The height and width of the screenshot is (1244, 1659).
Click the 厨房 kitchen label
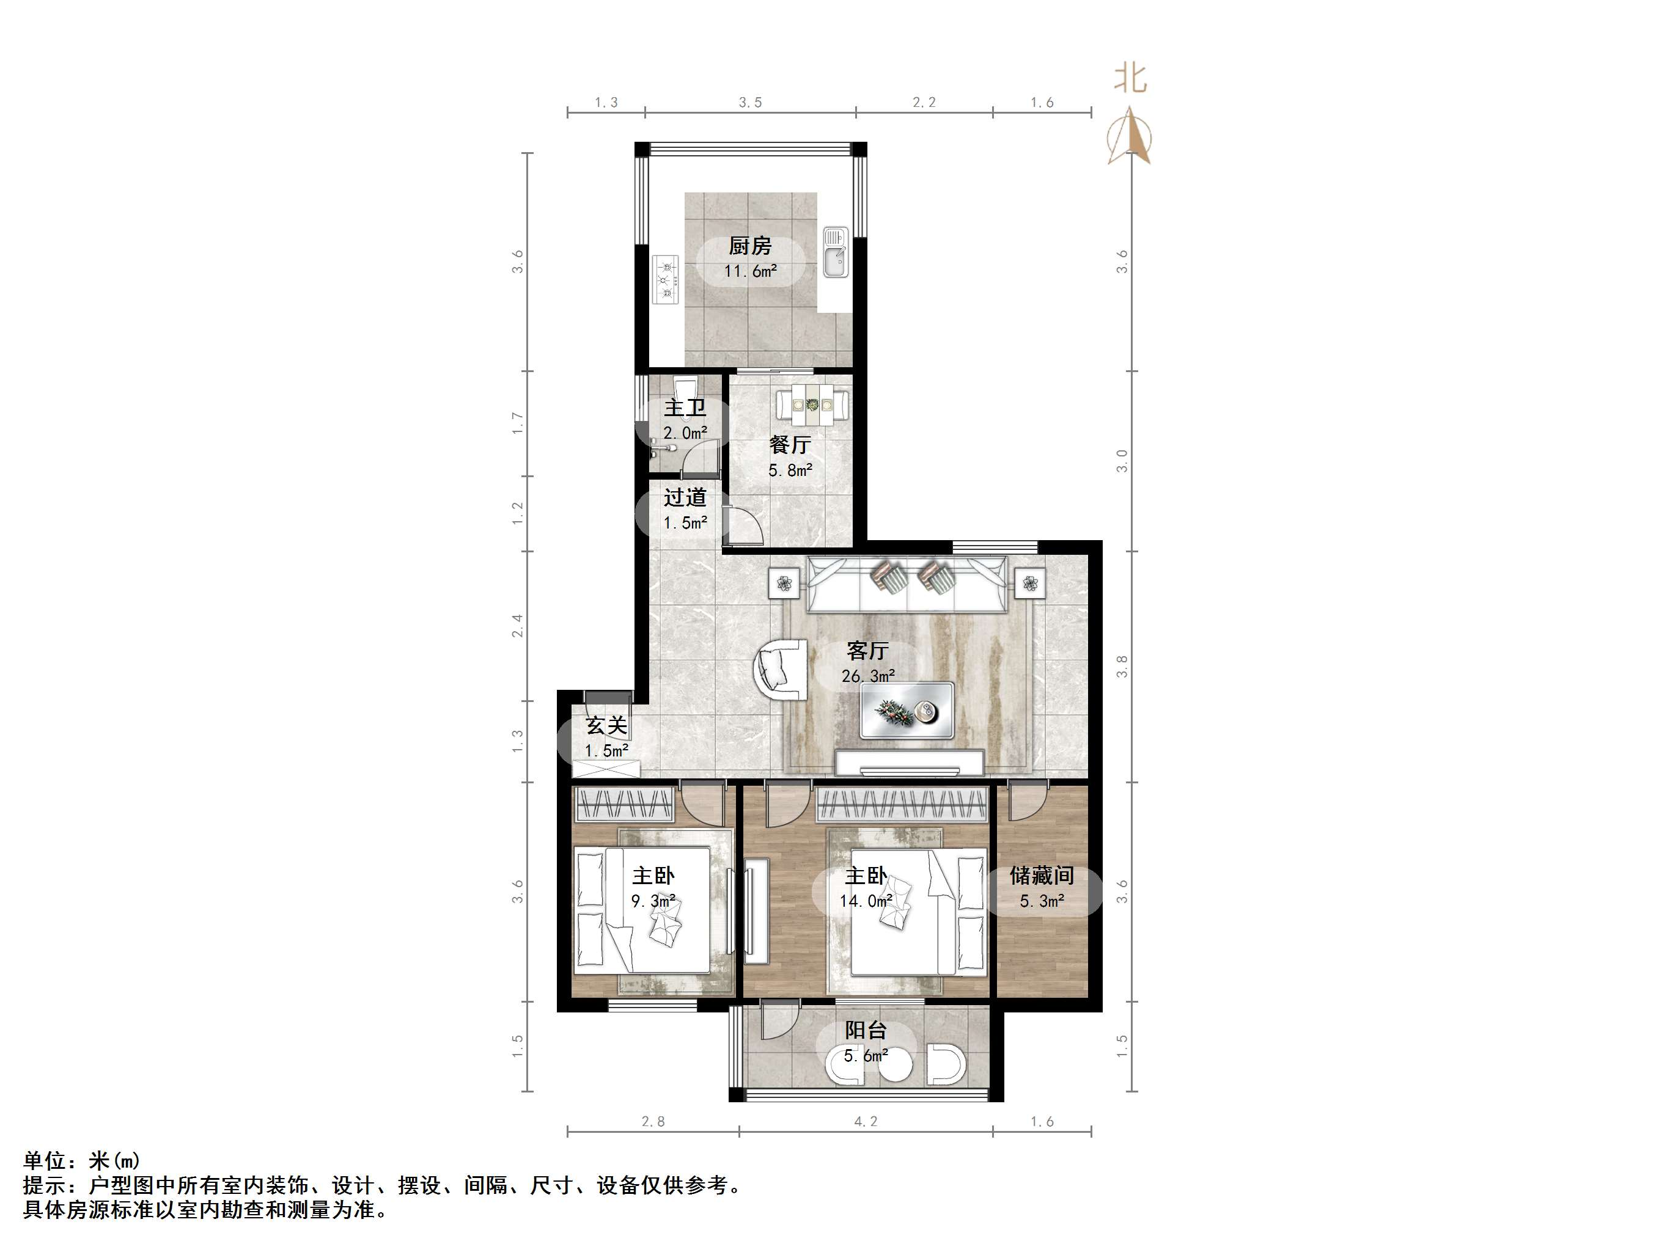pyautogui.click(x=750, y=246)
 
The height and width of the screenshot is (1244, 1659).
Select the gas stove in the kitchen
pyautogui.click(x=665, y=280)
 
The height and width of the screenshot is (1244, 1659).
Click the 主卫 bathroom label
pyautogui.click(x=685, y=408)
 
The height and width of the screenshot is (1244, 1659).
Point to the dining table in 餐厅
pyautogui.click(x=813, y=406)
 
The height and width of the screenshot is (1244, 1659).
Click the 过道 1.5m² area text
pyautogui.click(x=685, y=522)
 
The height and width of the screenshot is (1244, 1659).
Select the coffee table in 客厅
pyautogui.click(x=907, y=710)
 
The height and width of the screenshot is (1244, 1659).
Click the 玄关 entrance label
pyautogui.click(x=606, y=726)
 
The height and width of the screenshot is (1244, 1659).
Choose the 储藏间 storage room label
pyautogui.click(x=1042, y=876)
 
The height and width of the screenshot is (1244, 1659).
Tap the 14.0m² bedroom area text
pyautogui.click(x=866, y=901)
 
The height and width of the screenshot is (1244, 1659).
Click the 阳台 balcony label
pyautogui.click(x=866, y=1030)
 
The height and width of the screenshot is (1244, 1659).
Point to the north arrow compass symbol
pyautogui.click(x=1130, y=136)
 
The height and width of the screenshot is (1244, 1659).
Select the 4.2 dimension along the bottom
pyautogui.click(x=866, y=1122)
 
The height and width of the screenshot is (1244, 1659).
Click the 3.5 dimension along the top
pyautogui.click(x=750, y=103)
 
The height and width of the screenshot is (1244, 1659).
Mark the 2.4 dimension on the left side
pyautogui.click(x=518, y=626)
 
